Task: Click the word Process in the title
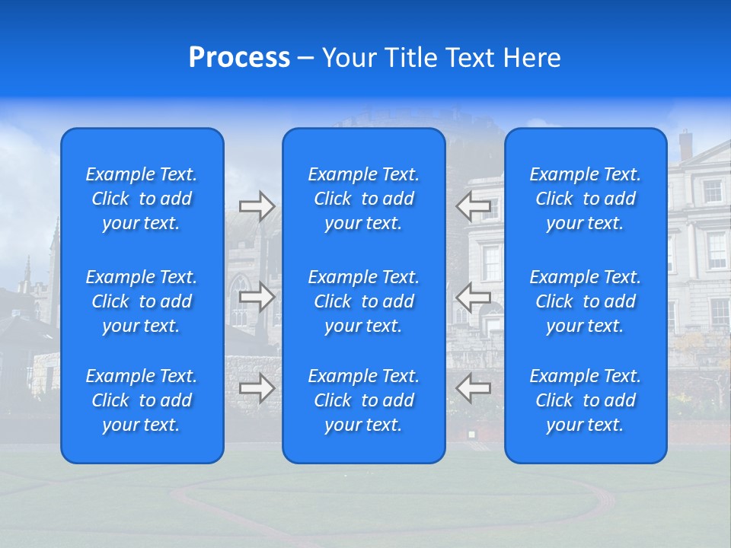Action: pyautogui.click(x=239, y=58)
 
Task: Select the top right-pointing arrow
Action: pyautogui.click(x=257, y=206)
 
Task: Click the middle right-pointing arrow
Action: pyautogui.click(x=257, y=297)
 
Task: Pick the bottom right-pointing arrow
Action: pyautogui.click(x=257, y=388)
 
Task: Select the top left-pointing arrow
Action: pyautogui.click(x=474, y=206)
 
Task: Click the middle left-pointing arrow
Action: pyautogui.click(x=474, y=297)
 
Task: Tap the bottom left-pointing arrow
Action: pyautogui.click(x=474, y=388)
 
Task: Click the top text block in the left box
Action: pyautogui.click(x=142, y=199)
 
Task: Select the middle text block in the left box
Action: pyautogui.click(x=142, y=301)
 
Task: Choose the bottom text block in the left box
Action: pyautogui.click(x=142, y=400)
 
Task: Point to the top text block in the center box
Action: pyautogui.click(x=363, y=199)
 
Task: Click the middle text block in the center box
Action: pyautogui.click(x=363, y=301)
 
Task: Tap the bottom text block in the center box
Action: pyautogui.click(x=363, y=400)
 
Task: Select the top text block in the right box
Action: pyautogui.click(x=585, y=199)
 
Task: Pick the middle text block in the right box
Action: pyautogui.click(x=585, y=301)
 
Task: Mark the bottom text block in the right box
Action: pyautogui.click(x=585, y=400)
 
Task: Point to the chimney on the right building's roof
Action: pyautogui.click(x=685, y=144)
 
